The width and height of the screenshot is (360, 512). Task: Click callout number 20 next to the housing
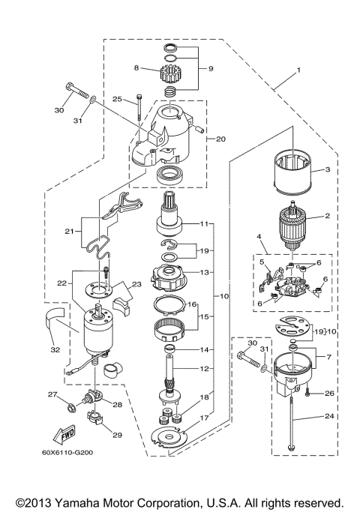[220, 138]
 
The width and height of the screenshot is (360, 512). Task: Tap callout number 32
[54, 349]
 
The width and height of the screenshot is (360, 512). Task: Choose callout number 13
[205, 273]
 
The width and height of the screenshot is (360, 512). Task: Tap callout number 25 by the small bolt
[117, 98]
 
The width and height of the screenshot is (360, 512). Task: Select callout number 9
[210, 68]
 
